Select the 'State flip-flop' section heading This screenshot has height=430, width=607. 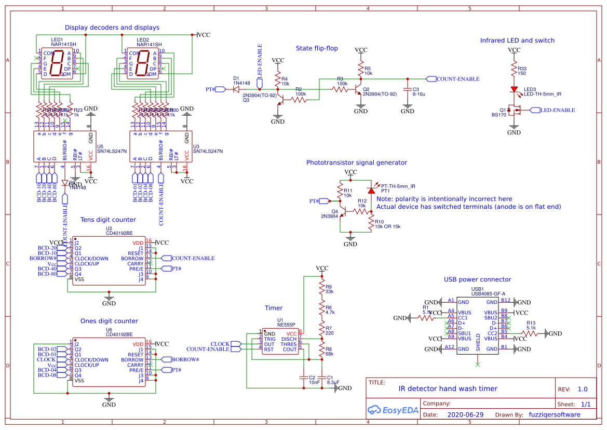coord(317,48)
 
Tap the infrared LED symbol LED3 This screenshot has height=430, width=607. coord(514,89)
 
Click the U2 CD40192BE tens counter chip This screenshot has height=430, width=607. coord(109,261)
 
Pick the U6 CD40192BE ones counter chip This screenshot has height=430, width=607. coord(109,362)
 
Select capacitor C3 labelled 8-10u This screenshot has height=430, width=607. coord(408,92)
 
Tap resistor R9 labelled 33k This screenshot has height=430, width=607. coord(322,289)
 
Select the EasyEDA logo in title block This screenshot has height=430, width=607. coord(392,410)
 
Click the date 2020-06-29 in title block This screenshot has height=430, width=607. coord(465,415)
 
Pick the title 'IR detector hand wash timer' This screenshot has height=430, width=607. coord(448,388)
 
